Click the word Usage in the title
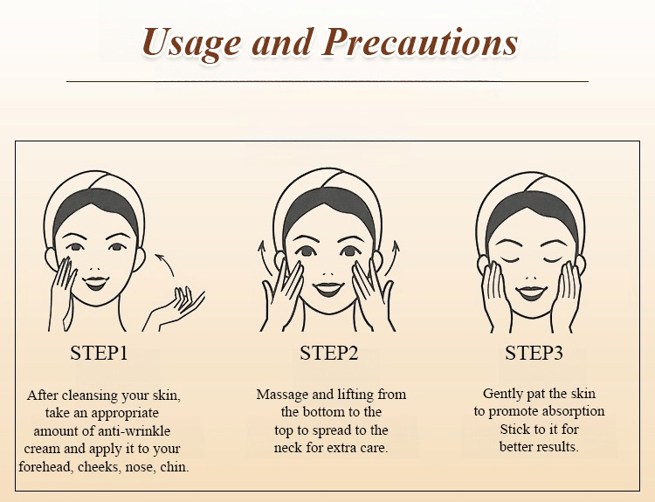pos(191,44)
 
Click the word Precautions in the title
pos(420,42)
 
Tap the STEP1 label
pos(99,353)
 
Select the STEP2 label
pos(329,353)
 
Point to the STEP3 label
pos(534,353)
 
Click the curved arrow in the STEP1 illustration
pos(166,261)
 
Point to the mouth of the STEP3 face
pos(531,292)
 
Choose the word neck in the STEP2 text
pos(288,448)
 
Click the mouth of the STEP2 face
pos(327,289)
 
